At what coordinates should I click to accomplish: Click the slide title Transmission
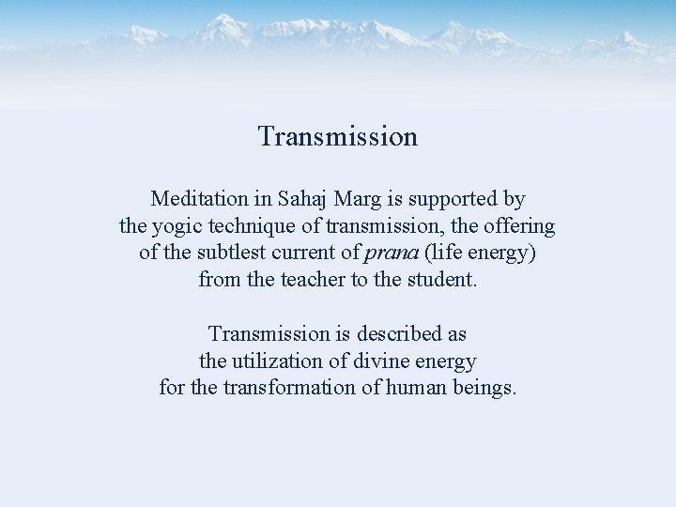pyautogui.click(x=338, y=137)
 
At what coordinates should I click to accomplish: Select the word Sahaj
pyautogui.click(x=302, y=199)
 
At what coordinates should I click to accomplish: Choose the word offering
pyautogui.click(x=520, y=227)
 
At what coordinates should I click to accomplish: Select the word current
pyautogui.click(x=300, y=253)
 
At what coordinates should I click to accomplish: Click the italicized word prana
pyautogui.click(x=389, y=253)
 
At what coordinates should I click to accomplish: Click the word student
pyautogui.click(x=442, y=280)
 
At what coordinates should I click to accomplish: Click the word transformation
pyautogui.click(x=290, y=388)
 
